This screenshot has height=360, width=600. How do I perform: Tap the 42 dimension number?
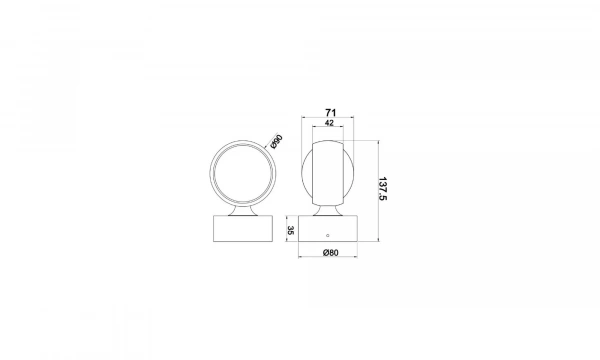point(329,125)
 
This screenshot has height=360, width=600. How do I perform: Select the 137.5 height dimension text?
point(382,189)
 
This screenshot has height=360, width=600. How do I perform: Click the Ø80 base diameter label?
point(330,251)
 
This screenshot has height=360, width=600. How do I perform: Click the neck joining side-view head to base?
point(329,209)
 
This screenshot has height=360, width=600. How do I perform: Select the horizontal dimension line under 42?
point(329,132)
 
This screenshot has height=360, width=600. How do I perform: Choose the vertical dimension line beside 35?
point(296,229)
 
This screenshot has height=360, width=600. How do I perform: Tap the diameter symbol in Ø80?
point(325,251)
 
